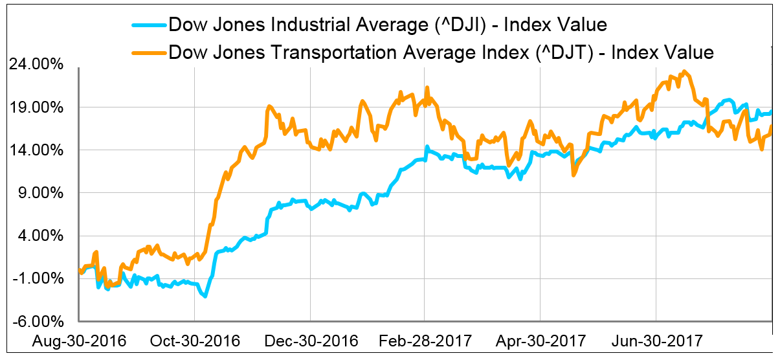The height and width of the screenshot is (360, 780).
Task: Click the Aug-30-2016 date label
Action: click(x=78, y=341)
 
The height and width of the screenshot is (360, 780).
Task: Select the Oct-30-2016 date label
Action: click(x=194, y=341)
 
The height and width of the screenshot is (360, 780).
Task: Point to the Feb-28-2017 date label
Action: click(x=425, y=341)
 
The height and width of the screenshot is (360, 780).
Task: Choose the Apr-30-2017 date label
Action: click(x=540, y=341)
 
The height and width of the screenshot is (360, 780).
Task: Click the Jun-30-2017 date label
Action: click(x=656, y=341)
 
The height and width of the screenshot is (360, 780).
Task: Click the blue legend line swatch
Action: click(x=149, y=27)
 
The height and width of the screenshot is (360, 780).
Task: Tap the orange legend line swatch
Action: click(x=149, y=52)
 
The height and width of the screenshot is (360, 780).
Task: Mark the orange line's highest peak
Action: click(x=684, y=72)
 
